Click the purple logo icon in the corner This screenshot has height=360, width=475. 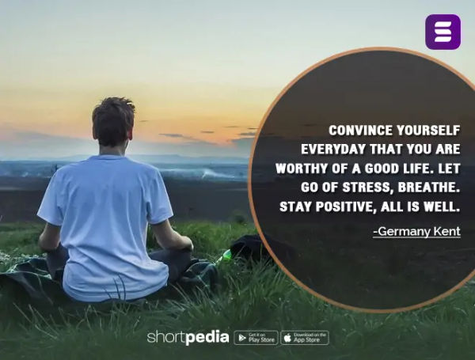(443, 32)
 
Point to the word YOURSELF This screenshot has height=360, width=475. (427, 131)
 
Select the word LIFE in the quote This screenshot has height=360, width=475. (412, 169)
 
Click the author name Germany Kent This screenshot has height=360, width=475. (416, 231)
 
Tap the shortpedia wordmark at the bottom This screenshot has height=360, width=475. (188, 338)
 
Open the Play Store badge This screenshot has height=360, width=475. (256, 338)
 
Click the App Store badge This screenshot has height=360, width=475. (304, 338)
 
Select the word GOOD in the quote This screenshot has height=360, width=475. (374, 169)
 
